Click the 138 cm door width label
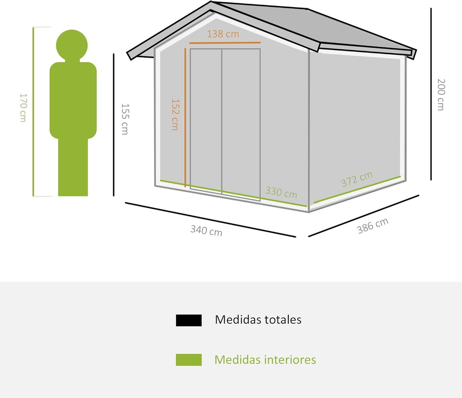pyautogui.click(x=223, y=34)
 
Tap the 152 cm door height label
pyautogui.click(x=176, y=115)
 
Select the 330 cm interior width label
pyautogui.click(x=281, y=192)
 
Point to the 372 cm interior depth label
pyautogui.click(x=357, y=179)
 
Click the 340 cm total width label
pyautogui.click(x=206, y=231)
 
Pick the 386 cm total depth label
pyautogui.click(x=373, y=226)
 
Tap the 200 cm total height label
pyautogui.click(x=441, y=95)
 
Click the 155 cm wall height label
pyautogui.click(x=125, y=119)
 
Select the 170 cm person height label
pyautogui.click(x=23, y=108)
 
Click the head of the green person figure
pyautogui.click(x=72, y=45)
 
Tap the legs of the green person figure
pyautogui.click(x=73, y=167)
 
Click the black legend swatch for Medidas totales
pyautogui.click(x=189, y=321)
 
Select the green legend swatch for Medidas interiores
pyautogui.click(x=189, y=360)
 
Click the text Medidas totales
pyautogui.click(x=258, y=320)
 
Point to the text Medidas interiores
pyautogui.click(x=265, y=360)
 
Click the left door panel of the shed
pyautogui.click(x=206, y=119)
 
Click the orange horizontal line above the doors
pyautogui.click(x=225, y=43)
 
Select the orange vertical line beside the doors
pyautogui.click(x=185, y=118)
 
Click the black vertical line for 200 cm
pyautogui.click(x=431, y=94)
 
